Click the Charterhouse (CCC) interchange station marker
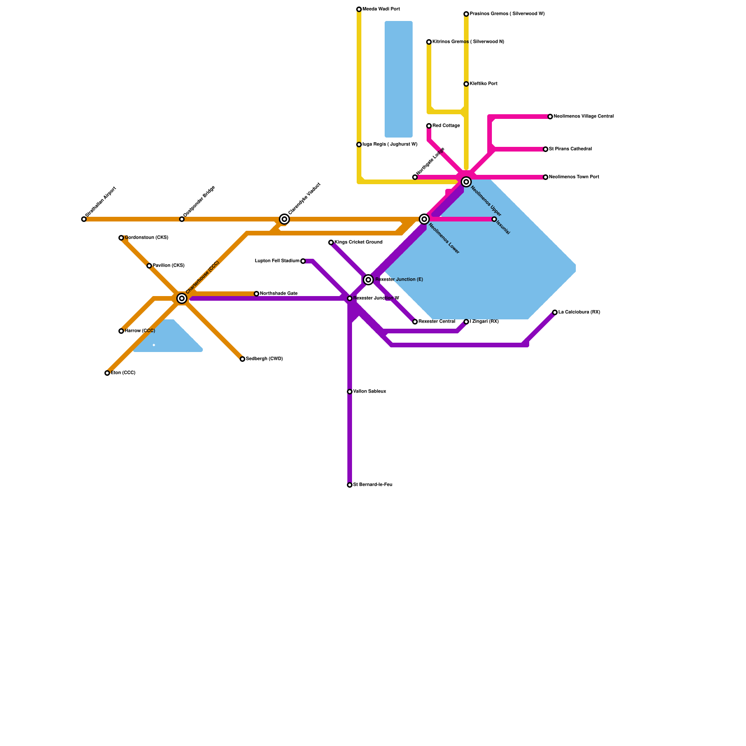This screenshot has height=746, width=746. coord(182,298)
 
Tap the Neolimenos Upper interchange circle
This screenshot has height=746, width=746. coord(466,182)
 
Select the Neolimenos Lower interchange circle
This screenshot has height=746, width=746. coord(424,219)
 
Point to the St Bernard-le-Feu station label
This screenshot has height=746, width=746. coord(373,485)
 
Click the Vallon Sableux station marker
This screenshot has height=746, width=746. coord(350,392)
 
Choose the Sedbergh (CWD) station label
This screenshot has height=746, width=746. coord(264,359)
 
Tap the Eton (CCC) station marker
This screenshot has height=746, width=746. coord(107,373)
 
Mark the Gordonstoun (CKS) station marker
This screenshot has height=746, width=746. coord(121,238)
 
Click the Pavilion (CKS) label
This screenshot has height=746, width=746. coord(169,266)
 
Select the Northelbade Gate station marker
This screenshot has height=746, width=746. coord(256,294)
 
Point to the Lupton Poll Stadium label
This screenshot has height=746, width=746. coord(277,261)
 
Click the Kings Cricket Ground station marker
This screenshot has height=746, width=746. coord(331,242)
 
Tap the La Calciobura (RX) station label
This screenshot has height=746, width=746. coord(579,312)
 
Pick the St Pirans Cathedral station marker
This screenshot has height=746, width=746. coord(546,149)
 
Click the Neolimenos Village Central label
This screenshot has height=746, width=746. coord(584,117)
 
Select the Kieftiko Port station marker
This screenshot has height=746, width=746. coord(466,84)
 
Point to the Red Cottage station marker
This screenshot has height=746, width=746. coord(429,126)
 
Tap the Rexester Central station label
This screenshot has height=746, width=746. coord(437,322)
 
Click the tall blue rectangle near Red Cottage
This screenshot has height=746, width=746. coord(399,79)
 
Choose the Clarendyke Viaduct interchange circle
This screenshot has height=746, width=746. coord(284,219)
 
